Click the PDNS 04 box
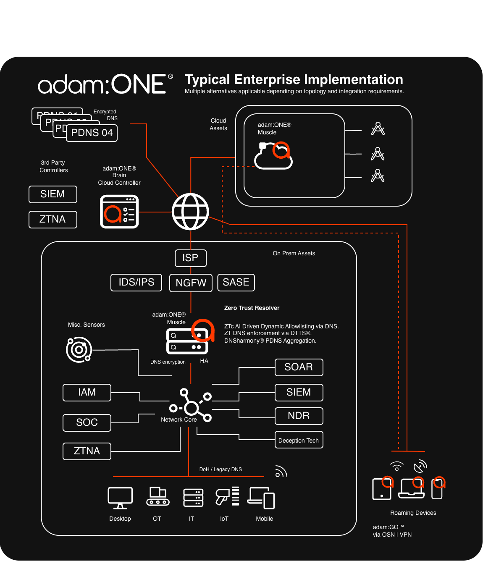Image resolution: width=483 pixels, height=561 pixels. point(92,133)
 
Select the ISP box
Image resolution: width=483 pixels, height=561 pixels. point(191,258)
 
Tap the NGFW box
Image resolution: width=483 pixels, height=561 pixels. point(191,283)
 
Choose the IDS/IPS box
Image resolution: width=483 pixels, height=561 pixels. point(136,283)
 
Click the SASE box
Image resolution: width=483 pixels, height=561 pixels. point(236,283)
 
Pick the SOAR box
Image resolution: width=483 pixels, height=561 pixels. point(299,367)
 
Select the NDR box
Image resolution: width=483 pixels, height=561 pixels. point(299,416)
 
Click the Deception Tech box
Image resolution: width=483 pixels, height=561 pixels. point(299,440)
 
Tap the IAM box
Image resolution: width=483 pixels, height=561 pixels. point(87,393)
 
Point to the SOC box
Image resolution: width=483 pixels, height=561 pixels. point(87,423)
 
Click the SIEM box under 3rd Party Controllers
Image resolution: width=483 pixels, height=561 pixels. point(53,194)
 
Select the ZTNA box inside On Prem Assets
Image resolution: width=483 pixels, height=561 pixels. point(87,451)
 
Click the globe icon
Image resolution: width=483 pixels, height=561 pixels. point(191,212)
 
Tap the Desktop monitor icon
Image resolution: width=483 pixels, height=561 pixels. point(120,498)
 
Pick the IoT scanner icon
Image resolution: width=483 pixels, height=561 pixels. point(227,496)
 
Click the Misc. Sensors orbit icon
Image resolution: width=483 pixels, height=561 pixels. point(79,349)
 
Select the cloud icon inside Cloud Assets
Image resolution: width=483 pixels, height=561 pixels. point(273,156)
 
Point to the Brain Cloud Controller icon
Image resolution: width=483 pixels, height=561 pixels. point(119,212)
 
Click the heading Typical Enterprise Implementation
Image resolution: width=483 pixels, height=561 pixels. point(294,80)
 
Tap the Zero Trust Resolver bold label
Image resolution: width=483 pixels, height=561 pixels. point(252,308)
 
